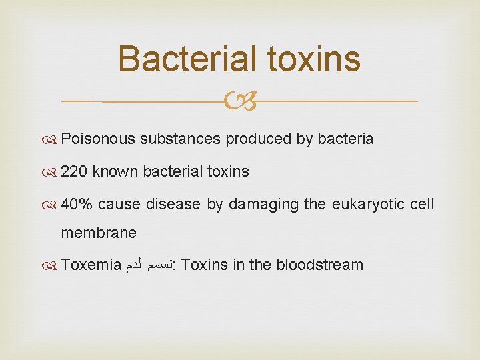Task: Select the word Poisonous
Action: tap(98, 139)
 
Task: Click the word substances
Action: tap(180, 139)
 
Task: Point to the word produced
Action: tap(253, 139)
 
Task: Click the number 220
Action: tap(74, 172)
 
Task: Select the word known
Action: tap(114, 172)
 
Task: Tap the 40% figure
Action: tap(77, 204)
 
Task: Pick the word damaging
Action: tap(263, 205)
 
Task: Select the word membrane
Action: tap(99, 233)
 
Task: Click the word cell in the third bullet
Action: tap(423, 204)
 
